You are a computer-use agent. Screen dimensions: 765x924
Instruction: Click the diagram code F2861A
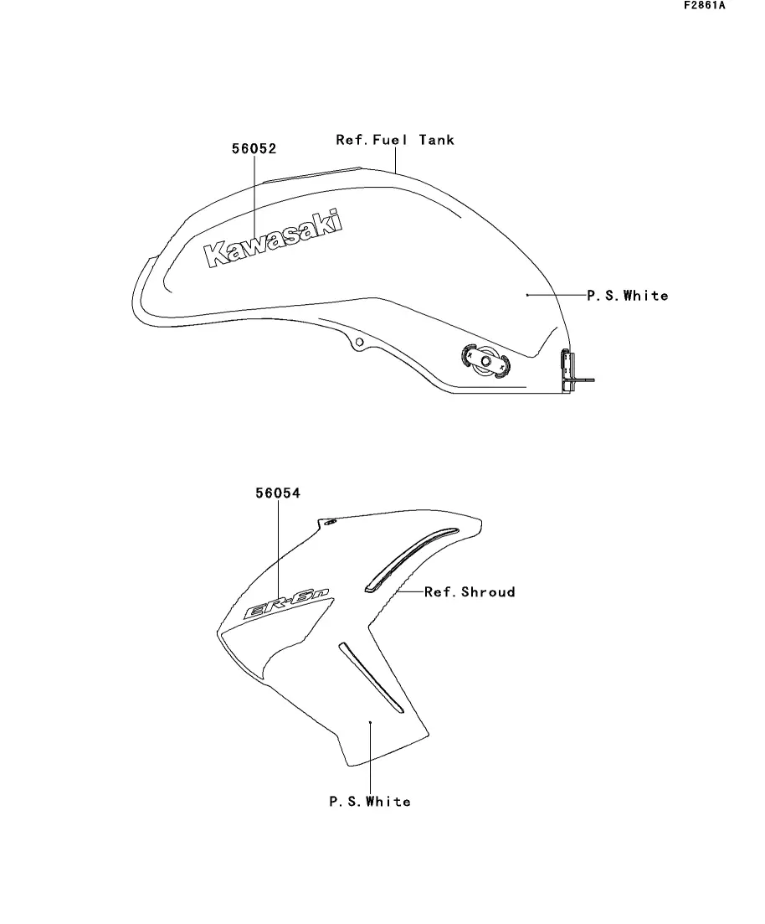pos(705,6)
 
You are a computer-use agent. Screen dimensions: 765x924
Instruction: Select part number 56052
pos(254,148)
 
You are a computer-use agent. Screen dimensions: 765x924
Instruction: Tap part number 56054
pos(278,493)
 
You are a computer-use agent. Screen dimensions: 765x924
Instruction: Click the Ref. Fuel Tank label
pos(395,140)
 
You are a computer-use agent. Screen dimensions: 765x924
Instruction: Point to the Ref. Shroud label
pos(470,591)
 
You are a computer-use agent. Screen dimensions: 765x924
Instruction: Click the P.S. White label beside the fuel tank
pos(628,295)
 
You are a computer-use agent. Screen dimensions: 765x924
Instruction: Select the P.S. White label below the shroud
pos(371,802)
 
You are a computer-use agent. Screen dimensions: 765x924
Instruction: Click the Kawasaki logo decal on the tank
pos(273,238)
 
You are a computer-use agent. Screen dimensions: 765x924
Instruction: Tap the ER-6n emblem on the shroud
pos(286,603)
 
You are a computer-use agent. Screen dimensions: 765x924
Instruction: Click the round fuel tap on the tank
pos(485,360)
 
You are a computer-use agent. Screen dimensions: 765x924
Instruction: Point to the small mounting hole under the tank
pos(358,343)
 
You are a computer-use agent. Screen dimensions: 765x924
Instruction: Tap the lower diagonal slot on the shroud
pos(371,678)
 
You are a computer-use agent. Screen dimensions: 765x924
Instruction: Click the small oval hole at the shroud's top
pos(330,521)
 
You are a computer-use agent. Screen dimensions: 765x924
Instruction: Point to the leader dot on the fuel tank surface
pos(527,295)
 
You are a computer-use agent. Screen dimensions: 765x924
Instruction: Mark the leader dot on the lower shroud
pos(371,721)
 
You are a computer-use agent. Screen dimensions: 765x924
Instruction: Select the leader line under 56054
pos(278,547)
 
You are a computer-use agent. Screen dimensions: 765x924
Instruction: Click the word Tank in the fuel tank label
pos(437,140)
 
